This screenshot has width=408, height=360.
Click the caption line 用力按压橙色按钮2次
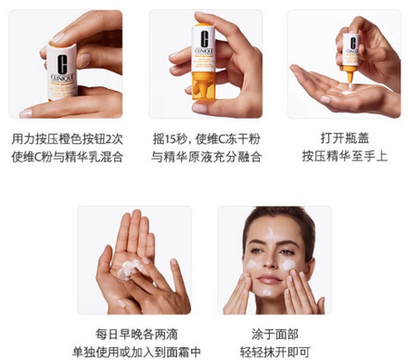(x=66, y=137)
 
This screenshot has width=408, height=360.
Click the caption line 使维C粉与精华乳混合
(x=66, y=156)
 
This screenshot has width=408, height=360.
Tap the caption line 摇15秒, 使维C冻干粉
(x=206, y=137)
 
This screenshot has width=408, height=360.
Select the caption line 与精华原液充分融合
(x=206, y=156)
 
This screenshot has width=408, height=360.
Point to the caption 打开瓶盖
(x=340, y=137)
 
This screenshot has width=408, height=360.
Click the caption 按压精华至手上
(x=340, y=156)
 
